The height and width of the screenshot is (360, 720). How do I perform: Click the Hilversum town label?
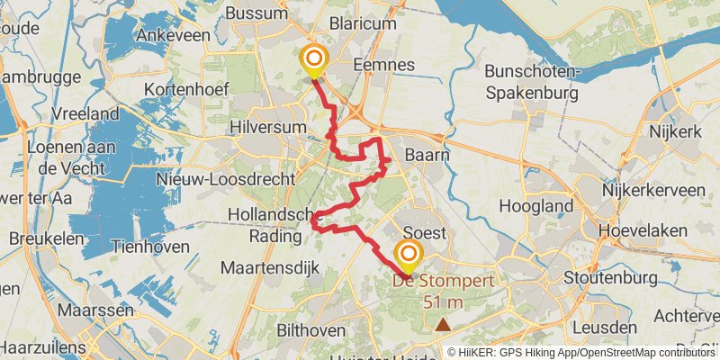pyautogui.click(x=269, y=128)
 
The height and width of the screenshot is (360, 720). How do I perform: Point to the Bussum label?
pyautogui.click(x=255, y=13)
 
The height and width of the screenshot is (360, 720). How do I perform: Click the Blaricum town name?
pyautogui.click(x=363, y=24)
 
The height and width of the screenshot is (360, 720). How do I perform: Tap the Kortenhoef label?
pyautogui.click(x=190, y=89)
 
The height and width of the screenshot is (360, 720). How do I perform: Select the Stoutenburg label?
pyautogui.click(x=604, y=276)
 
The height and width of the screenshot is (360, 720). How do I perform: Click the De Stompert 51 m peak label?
pyautogui.click(x=443, y=292)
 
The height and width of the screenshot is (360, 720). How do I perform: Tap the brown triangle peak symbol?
pyautogui.click(x=443, y=324)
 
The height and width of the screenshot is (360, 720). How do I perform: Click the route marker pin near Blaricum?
pyautogui.click(x=314, y=60)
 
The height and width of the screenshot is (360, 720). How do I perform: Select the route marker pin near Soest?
pyautogui.click(x=409, y=256)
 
